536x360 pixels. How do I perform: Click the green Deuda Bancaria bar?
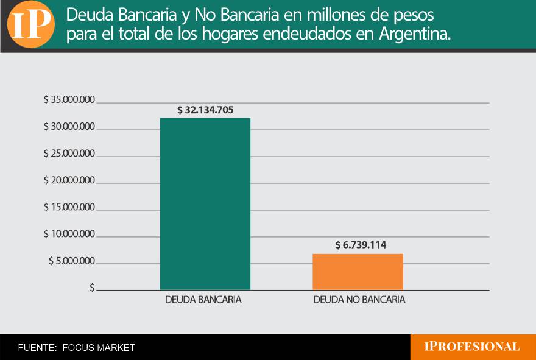[x=205, y=203]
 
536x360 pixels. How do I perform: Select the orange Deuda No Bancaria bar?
[x=358, y=272]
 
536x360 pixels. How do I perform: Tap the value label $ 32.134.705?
[x=205, y=110]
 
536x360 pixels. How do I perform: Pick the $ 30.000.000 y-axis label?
[x=69, y=127]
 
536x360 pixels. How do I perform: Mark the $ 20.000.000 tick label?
[x=69, y=181]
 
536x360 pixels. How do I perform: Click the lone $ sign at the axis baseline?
[x=92, y=288]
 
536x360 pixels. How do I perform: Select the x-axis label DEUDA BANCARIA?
[x=203, y=300]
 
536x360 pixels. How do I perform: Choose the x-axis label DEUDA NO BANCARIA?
[x=359, y=300]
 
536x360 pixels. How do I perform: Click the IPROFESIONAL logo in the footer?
[x=472, y=347]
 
